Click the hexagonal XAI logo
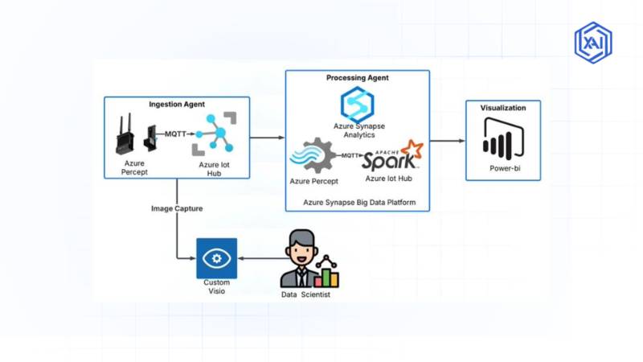point(593,42)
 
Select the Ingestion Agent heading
point(177,105)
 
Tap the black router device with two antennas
point(124,135)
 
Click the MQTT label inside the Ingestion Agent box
point(176,134)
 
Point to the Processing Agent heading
point(357,78)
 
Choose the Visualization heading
point(503,108)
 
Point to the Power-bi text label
point(503,169)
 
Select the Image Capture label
point(177,208)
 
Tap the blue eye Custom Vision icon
point(216,258)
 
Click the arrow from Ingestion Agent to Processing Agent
point(268,138)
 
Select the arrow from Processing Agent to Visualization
point(448,141)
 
